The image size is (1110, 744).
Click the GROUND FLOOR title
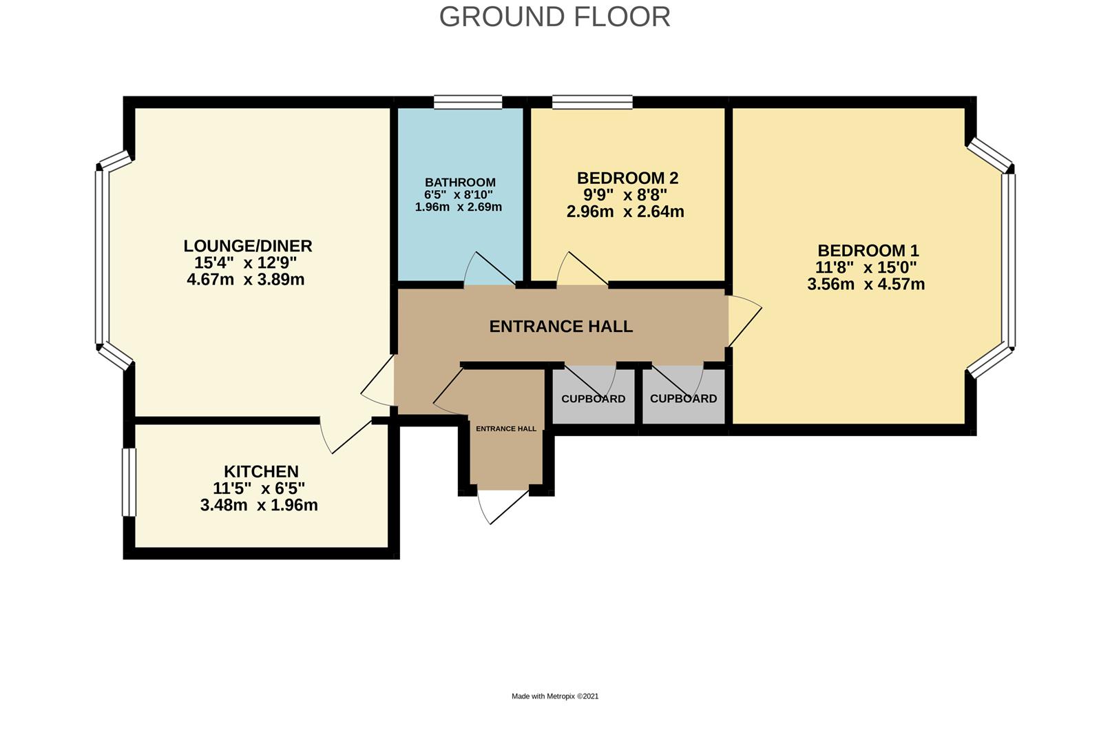(554, 17)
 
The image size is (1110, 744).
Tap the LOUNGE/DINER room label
(248, 246)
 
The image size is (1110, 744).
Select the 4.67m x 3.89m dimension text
(246, 280)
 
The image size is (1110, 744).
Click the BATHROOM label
(460, 183)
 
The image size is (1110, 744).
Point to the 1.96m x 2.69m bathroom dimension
(459, 207)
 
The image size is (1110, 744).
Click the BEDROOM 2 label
(627, 178)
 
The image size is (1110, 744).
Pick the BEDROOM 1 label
(868, 251)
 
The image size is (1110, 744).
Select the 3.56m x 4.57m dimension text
(866, 285)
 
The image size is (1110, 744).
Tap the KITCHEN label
(261, 472)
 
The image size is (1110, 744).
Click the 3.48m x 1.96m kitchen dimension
(259, 506)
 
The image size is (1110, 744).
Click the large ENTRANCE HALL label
(561, 327)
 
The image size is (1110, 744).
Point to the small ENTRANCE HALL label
(506, 428)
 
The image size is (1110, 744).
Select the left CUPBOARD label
(593, 399)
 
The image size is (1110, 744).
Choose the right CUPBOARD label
(683, 399)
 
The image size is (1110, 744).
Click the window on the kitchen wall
(129, 482)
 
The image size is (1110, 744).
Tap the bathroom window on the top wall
(468, 103)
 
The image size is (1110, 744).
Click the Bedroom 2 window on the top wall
(592, 103)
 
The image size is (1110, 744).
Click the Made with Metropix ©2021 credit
(555, 696)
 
